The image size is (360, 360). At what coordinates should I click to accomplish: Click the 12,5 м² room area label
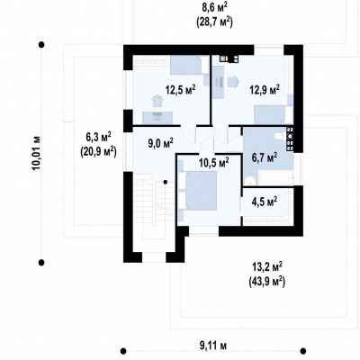point(181,89)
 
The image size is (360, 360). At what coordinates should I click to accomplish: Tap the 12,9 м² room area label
point(265,89)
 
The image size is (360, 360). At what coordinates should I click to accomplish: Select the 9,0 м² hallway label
point(160,143)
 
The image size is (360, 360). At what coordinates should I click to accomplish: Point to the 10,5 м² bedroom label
point(214,163)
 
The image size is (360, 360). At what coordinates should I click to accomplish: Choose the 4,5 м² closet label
point(264,202)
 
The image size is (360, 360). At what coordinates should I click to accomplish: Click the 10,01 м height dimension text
point(37,153)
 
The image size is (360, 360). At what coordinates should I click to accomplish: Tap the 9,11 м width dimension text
point(213,346)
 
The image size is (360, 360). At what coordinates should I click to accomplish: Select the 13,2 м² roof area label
point(267,266)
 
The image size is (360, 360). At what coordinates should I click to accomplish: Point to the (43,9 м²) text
point(267,282)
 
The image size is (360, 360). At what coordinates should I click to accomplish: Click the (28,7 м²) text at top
point(214,22)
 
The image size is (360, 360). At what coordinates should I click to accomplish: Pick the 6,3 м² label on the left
point(98,137)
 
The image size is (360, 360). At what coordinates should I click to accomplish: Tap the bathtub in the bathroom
point(274,178)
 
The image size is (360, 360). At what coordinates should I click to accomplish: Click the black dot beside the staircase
point(165,182)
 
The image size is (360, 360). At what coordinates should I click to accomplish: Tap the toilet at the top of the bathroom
point(280,137)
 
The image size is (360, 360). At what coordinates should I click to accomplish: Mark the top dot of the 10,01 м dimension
point(41,45)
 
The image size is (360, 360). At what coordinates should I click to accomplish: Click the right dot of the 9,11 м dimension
point(303,351)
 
